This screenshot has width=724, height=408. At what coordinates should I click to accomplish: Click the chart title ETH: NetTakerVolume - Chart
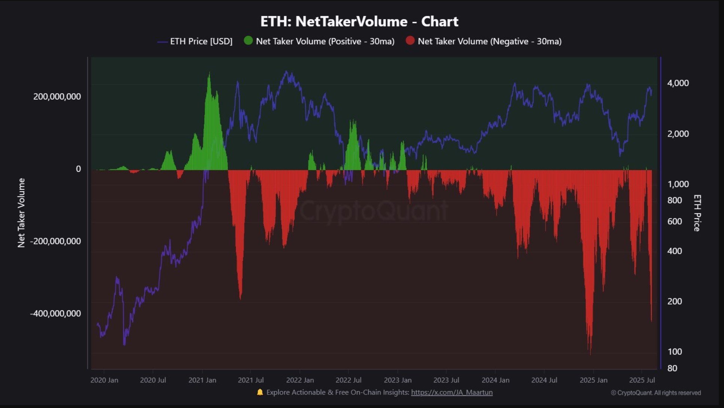click(x=359, y=21)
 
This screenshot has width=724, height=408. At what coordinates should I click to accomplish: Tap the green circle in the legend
click(x=248, y=40)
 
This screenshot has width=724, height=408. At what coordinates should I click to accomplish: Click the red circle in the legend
click(x=410, y=40)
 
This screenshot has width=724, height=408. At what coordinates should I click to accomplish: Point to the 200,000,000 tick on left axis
click(x=57, y=97)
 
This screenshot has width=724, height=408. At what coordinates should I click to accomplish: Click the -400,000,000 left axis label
click(x=55, y=314)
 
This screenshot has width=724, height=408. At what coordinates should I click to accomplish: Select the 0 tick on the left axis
click(x=78, y=169)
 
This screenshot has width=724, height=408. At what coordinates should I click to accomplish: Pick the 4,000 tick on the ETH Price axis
click(x=678, y=83)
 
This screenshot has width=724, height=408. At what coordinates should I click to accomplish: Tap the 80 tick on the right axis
click(x=672, y=368)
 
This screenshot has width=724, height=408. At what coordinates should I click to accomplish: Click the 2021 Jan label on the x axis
click(x=202, y=380)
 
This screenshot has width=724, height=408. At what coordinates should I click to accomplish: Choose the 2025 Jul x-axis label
click(x=642, y=380)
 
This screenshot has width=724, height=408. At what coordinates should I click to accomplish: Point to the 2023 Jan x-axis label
click(x=398, y=380)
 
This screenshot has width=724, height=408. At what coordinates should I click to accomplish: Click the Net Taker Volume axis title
click(x=21, y=213)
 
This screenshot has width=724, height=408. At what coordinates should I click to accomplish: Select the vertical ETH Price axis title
click(x=697, y=213)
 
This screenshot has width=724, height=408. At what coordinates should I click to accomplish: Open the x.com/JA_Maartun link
click(x=451, y=392)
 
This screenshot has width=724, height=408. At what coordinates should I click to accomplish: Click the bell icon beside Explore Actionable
click(x=260, y=392)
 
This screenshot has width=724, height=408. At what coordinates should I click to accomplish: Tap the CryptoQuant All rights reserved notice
click(x=656, y=393)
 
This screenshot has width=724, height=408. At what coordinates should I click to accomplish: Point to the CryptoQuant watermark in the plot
click(x=373, y=211)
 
